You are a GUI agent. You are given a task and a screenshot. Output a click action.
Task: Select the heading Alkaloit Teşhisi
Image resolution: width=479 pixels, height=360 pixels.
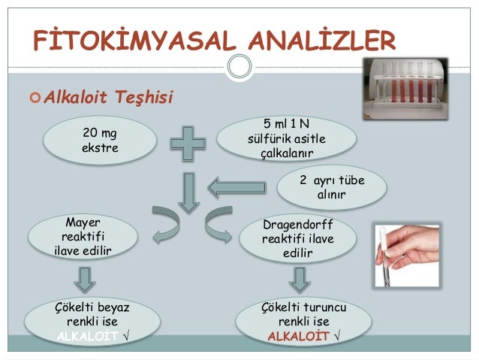(x=110, y=97)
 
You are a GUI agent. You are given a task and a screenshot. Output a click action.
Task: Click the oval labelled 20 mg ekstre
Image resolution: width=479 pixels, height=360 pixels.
(x=100, y=141)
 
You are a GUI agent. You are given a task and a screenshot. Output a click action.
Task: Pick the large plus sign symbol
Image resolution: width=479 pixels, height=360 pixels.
(x=187, y=141)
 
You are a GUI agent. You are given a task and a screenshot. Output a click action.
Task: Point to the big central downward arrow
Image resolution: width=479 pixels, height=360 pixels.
(x=187, y=191)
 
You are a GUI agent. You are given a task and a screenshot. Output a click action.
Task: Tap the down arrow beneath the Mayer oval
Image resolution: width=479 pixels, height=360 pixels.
(x=85, y=280)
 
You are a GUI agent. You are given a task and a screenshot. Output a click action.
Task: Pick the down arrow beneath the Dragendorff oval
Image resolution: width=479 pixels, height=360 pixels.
(x=299, y=280)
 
